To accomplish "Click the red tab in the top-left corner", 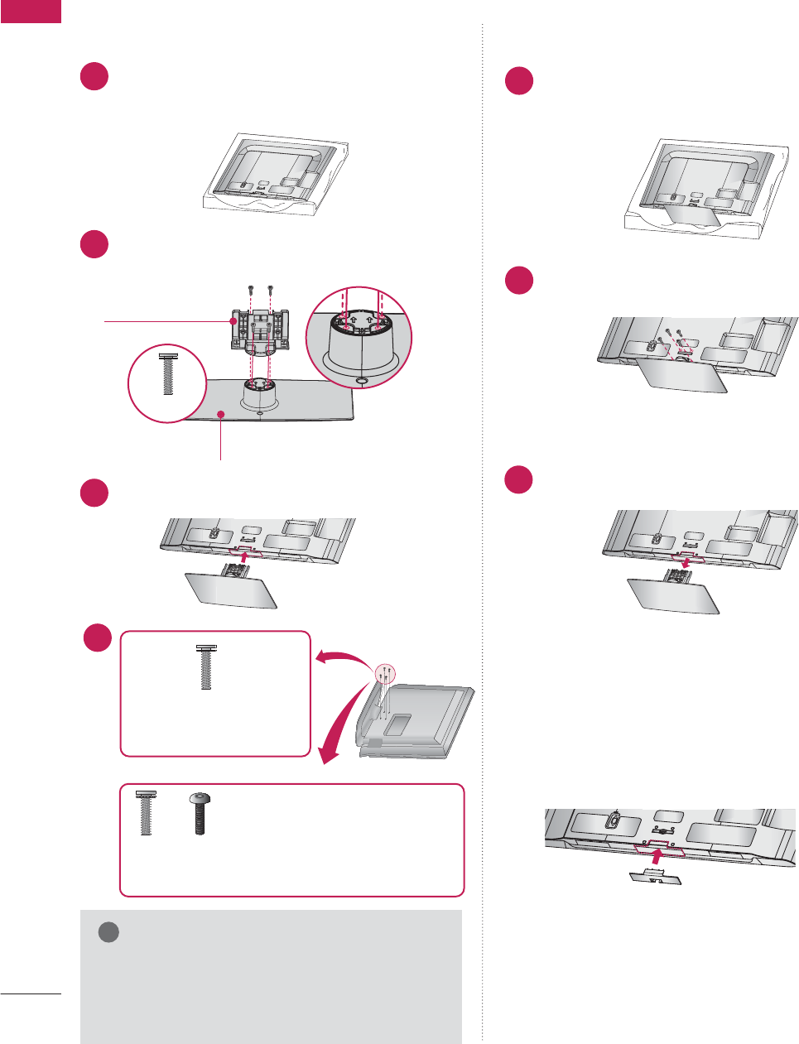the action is pyautogui.click(x=31, y=11).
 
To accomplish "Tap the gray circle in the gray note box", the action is pyautogui.click(x=108, y=932).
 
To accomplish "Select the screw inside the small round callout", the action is pyautogui.click(x=167, y=374).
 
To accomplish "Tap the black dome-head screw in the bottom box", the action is pyautogui.click(x=200, y=813).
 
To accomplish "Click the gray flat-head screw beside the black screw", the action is pyautogui.click(x=146, y=813).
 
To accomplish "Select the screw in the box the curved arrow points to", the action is pyautogui.click(x=204, y=667).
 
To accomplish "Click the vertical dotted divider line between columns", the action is pyautogui.click(x=482, y=530).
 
